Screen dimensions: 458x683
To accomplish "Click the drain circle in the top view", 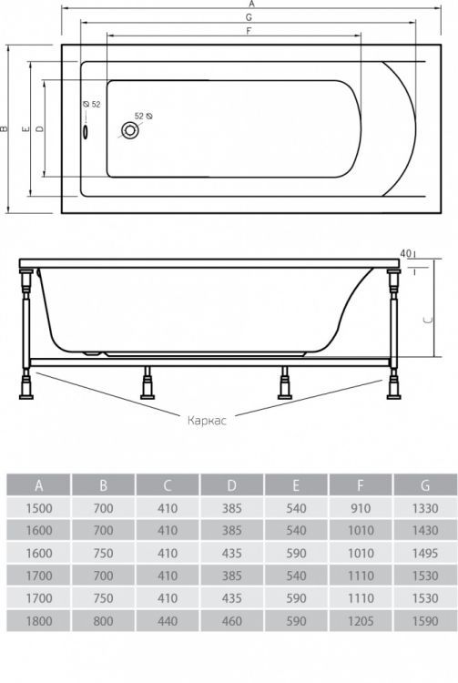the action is [130, 130].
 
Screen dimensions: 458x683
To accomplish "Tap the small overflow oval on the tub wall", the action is [86, 131].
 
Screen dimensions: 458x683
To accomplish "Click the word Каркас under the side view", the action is [207, 421].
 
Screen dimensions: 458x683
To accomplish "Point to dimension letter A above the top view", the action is [251, 4].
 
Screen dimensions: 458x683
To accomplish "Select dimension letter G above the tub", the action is [249, 17].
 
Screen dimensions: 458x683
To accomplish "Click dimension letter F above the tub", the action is [249, 31].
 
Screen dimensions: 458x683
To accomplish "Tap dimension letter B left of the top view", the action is [4, 128].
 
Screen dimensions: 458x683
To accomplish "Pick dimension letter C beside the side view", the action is [429, 321].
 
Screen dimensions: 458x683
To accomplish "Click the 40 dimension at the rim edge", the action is [405, 253].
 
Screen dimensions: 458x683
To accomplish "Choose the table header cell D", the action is [231, 485].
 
